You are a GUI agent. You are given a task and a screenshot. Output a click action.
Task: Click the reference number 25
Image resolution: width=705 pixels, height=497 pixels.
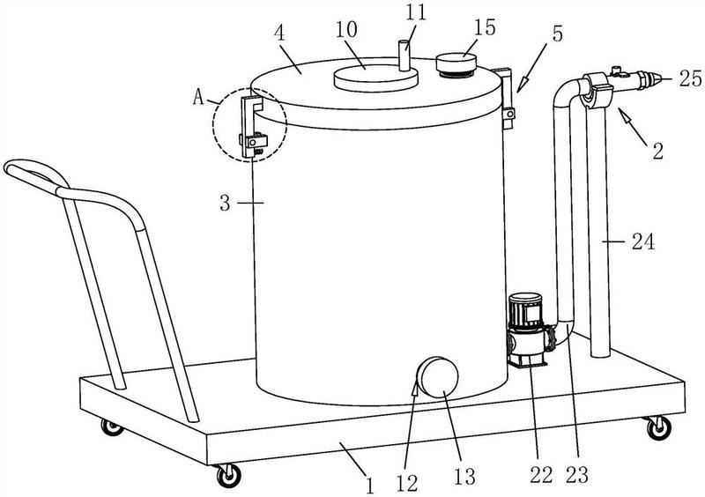[x=691, y=79]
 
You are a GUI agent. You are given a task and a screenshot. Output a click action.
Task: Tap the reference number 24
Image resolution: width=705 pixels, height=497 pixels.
[x=643, y=242]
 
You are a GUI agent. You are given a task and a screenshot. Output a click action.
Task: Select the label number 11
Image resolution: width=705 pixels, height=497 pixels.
[x=415, y=13]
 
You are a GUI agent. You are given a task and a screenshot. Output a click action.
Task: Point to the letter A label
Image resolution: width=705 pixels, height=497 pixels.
[x=199, y=97]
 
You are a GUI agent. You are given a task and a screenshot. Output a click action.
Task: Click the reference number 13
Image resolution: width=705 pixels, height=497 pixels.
[x=464, y=477]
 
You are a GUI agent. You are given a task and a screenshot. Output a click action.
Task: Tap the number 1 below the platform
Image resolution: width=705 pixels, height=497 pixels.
[x=369, y=486]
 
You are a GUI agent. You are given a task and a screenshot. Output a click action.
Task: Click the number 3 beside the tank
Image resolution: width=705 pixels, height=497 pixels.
[x=226, y=204]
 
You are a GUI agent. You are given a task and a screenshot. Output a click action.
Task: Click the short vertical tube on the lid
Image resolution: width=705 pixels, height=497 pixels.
[x=404, y=56]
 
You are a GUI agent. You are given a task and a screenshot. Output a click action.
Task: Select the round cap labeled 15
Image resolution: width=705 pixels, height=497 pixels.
[x=456, y=64]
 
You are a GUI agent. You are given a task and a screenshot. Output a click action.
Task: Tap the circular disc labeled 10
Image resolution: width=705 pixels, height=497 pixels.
[x=376, y=78]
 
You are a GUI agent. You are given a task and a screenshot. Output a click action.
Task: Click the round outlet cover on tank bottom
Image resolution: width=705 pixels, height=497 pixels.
[x=436, y=377]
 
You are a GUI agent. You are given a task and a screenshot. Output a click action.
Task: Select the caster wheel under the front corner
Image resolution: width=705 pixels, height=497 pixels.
[x=228, y=475]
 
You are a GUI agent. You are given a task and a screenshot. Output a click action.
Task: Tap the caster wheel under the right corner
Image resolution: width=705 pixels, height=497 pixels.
[x=658, y=427]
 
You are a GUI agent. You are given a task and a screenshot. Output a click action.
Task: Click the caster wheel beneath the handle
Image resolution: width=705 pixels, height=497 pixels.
[x=112, y=427]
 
